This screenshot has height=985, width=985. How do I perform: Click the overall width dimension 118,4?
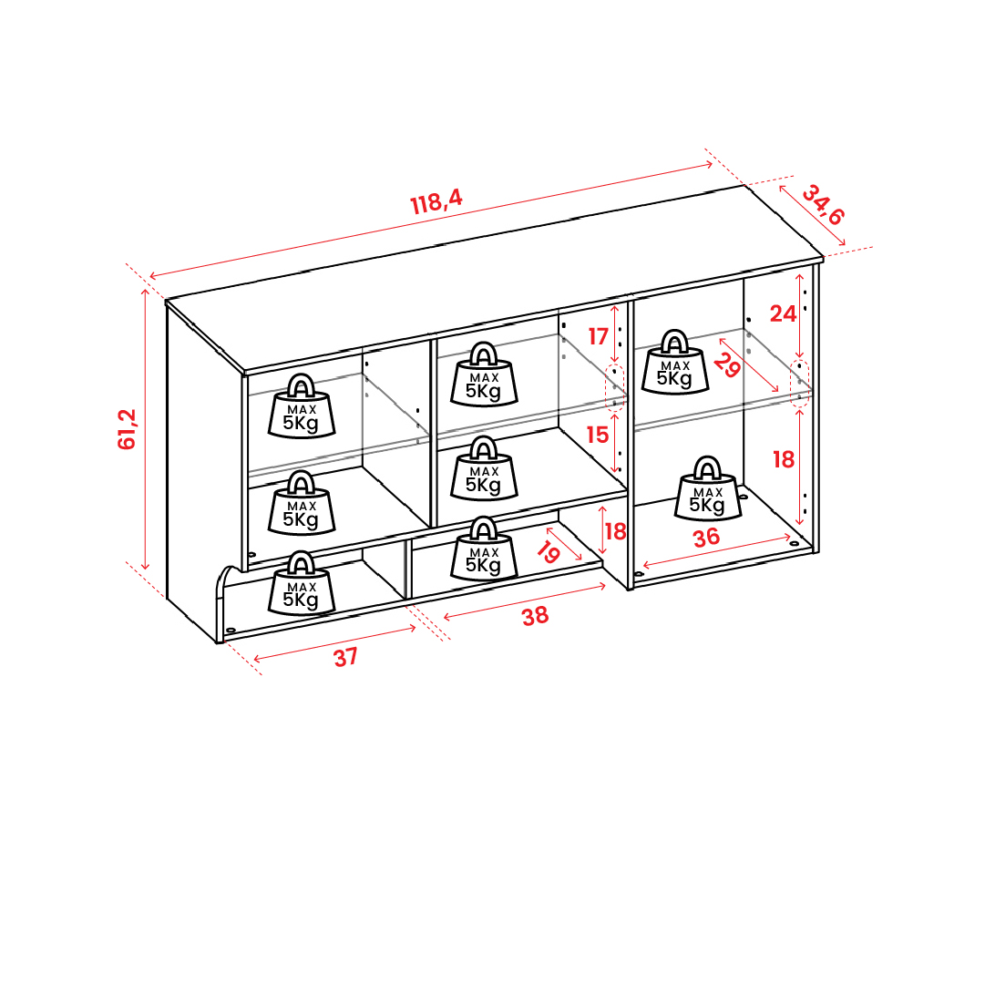pos(436,201)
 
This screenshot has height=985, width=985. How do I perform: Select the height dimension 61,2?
pos(127,429)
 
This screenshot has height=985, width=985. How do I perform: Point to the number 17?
pos(598,337)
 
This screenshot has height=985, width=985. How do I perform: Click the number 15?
pos(598,435)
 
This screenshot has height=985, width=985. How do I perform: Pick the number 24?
pos(783,313)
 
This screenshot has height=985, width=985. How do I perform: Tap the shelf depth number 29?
pos(727,365)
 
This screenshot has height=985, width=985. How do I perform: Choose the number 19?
pos(549,552)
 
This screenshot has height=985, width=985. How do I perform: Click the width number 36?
pos(706,538)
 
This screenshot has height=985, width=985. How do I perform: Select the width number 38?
pos(535,616)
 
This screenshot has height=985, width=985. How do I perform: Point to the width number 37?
pos(345,658)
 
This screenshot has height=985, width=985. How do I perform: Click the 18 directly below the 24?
pos(784,460)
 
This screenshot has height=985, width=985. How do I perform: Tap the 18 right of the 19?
pos(615,531)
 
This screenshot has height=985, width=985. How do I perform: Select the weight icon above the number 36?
pos(708,488)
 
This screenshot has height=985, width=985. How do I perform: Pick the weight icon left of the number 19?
pos(484,549)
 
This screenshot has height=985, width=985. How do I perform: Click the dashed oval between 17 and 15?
pos(614,387)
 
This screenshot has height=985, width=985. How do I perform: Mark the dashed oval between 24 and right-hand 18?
pos(799,384)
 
